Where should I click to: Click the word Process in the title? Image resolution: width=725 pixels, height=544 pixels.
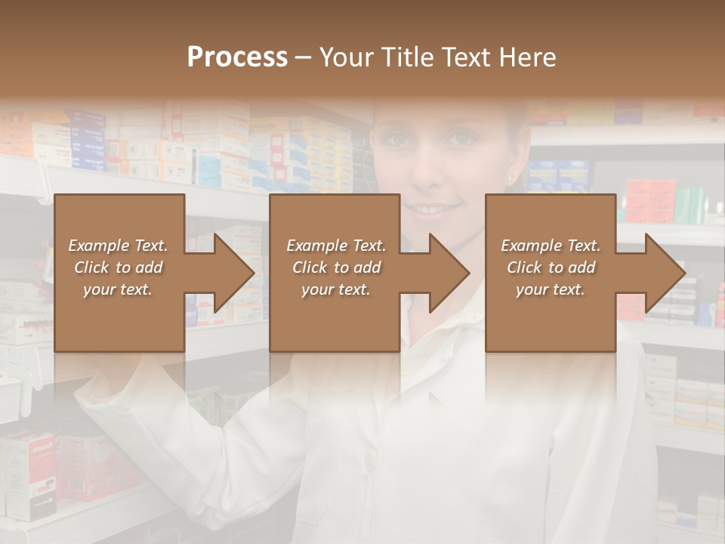pyautogui.click(x=237, y=57)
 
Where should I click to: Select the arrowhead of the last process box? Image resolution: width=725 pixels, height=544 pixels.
pyautogui.click(x=664, y=273)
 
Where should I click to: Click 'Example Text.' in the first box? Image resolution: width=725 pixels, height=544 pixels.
pyautogui.click(x=118, y=246)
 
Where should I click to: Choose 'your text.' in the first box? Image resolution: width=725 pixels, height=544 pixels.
pyautogui.click(x=118, y=289)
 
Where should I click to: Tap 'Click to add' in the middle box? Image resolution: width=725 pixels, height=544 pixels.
pyautogui.click(x=336, y=267)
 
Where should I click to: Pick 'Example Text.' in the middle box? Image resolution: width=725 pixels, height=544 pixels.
pyautogui.click(x=336, y=246)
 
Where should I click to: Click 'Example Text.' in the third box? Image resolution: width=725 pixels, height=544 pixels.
pyautogui.click(x=551, y=246)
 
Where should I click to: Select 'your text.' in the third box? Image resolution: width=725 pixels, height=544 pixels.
pyautogui.click(x=551, y=289)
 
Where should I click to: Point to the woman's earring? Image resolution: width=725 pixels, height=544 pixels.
pyautogui.click(x=510, y=179)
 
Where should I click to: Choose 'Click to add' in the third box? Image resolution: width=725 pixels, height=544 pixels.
pyautogui.click(x=551, y=267)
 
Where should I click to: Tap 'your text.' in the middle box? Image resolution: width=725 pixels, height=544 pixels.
pyautogui.click(x=336, y=289)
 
